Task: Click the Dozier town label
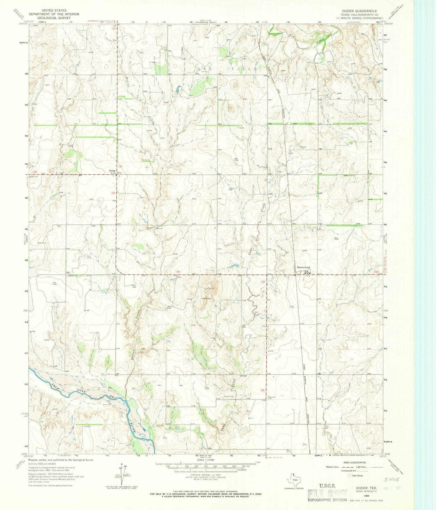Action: [113, 170]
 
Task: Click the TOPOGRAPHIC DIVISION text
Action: [327, 500]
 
